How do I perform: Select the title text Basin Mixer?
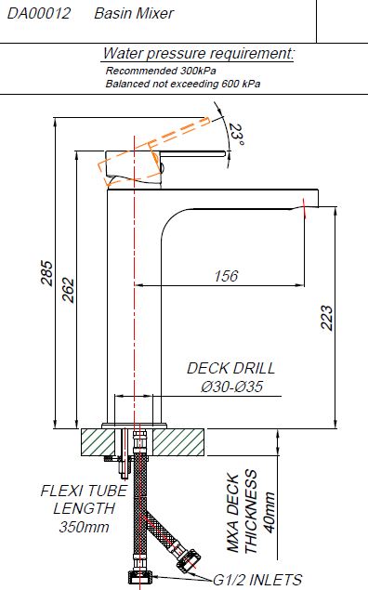pos(134,14)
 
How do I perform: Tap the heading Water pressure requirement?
pos(199,54)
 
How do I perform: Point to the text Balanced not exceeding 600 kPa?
pos(182,84)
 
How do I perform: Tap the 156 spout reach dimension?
pos(225,276)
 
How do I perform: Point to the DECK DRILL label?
pos(231,368)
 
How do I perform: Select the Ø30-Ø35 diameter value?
pos(232,387)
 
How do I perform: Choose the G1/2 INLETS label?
pos(256,580)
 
